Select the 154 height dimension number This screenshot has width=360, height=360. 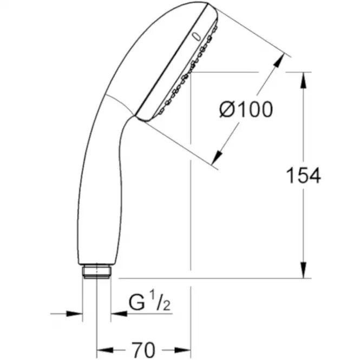pyautogui.click(x=303, y=175)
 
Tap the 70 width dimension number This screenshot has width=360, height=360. pyautogui.click(x=143, y=350)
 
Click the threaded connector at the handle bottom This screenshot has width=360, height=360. pyautogui.click(x=97, y=272)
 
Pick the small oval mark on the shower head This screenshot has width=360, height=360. pyautogui.click(x=196, y=36)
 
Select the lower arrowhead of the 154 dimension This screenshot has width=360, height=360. pyautogui.click(x=304, y=270)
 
